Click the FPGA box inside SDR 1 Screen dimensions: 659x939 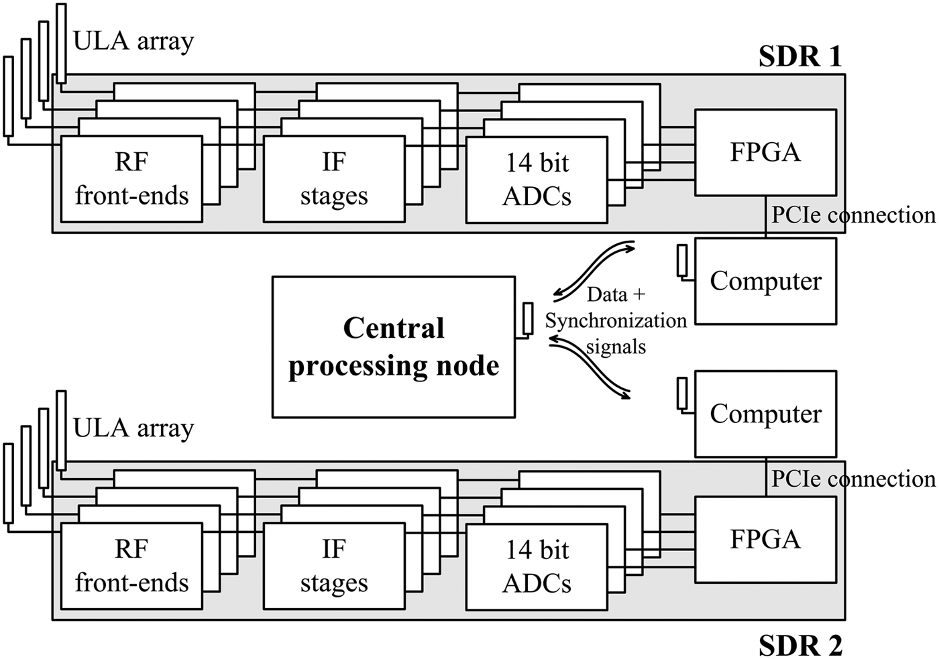point(765,152)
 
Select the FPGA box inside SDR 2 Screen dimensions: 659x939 point(765,539)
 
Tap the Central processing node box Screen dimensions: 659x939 point(394,347)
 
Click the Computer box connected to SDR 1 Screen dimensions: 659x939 point(765,281)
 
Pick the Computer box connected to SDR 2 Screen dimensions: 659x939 point(765,414)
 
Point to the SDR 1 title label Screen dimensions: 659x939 point(799,57)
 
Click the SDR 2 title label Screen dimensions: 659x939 point(799,645)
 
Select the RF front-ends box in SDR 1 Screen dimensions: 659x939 point(131,179)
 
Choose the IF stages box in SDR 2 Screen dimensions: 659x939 point(334,566)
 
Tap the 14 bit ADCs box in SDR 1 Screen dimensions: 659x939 point(537,180)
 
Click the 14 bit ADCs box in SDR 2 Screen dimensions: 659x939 point(537,567)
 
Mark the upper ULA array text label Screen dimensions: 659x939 point(133,42)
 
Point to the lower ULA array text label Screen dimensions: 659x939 point(133,428)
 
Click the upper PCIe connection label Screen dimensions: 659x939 point(853,215)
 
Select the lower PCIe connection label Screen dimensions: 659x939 point(853,479)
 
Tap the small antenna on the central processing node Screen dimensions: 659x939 point(528,318)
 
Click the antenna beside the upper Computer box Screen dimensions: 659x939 point(682,261)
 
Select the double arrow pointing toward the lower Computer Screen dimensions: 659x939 point(590,369)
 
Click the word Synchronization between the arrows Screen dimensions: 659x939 point(616,321)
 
